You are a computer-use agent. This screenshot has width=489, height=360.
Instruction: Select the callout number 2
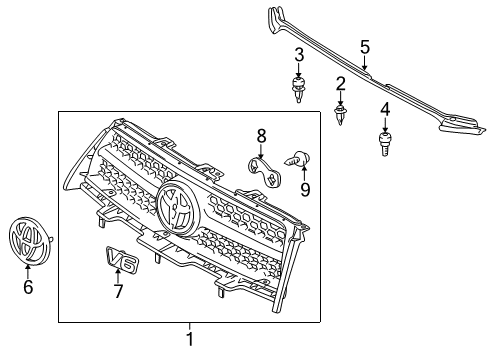point(340,82)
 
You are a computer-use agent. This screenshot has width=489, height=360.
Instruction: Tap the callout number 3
point(299,53)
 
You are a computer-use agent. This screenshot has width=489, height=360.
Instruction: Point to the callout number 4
point(384,108)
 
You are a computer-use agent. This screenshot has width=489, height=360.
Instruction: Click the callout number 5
point(365,46)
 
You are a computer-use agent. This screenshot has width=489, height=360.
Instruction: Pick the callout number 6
point(28,288)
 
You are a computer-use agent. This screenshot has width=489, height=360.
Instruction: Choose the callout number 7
point(117,292)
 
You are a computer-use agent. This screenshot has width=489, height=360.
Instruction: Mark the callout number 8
point(261,135)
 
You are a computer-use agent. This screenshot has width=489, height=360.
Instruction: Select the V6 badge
point(121,260)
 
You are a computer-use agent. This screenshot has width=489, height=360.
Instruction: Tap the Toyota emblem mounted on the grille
point(177,208)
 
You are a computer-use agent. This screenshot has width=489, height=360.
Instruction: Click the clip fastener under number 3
point(299,88)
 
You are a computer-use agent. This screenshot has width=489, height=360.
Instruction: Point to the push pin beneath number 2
point(340,115)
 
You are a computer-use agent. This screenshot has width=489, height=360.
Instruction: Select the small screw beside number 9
point(296,159)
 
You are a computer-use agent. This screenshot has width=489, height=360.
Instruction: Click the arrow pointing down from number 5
point(365,64)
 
